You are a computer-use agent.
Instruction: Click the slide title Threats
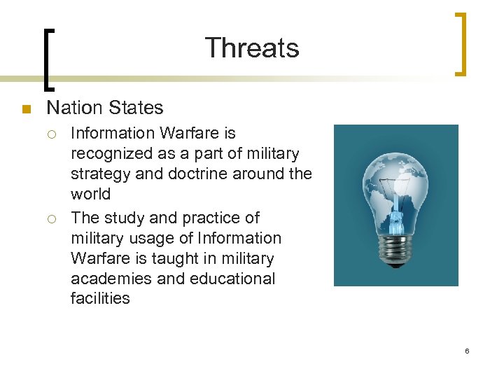coord(252,48)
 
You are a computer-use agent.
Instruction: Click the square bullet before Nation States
coord(26,109)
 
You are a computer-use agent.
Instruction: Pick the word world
coord(90,192)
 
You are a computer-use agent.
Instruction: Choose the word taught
coord(176,258)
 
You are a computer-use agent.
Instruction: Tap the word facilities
coord(100,298)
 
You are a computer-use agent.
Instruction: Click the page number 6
coord(467,350)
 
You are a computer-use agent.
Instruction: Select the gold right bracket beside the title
coord(460,43)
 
